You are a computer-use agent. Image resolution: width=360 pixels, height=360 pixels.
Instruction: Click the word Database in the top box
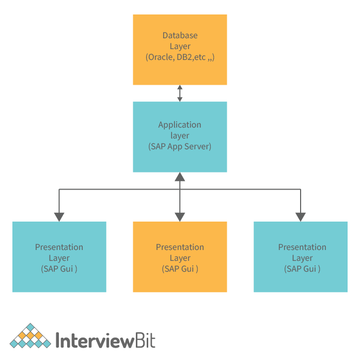click(180, 36)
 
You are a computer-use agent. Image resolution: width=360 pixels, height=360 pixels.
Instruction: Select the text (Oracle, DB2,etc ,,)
click(180, 57)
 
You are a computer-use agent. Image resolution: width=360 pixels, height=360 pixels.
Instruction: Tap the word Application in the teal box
click(180, 124)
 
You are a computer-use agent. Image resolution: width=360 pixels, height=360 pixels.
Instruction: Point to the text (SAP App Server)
click(180, 146)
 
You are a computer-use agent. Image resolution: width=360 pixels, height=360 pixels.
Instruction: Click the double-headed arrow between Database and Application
click(180, 93)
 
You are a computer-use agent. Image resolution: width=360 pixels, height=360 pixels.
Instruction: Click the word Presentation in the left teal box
click(59, 247)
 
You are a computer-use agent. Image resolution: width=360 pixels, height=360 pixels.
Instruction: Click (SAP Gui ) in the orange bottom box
click(180, 269)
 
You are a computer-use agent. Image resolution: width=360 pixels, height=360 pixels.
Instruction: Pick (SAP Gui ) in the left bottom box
click(59, 269)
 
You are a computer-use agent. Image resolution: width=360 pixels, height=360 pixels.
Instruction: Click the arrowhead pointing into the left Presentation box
click(59, 217)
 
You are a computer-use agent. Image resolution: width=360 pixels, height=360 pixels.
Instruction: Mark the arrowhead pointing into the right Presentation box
click(301, 217)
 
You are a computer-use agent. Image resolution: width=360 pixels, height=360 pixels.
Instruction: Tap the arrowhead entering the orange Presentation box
click(180, 217)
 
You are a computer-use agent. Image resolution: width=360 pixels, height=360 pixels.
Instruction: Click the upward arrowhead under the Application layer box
click(180, 177)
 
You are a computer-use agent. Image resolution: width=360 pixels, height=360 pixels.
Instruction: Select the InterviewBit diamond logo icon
click(31, 336)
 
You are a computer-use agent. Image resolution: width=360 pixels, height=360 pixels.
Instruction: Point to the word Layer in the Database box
click(180, 46)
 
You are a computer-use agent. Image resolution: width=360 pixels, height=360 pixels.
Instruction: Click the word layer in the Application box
click(180, 135)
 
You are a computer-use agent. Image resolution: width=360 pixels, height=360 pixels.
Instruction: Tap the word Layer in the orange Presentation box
click(180, 258)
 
